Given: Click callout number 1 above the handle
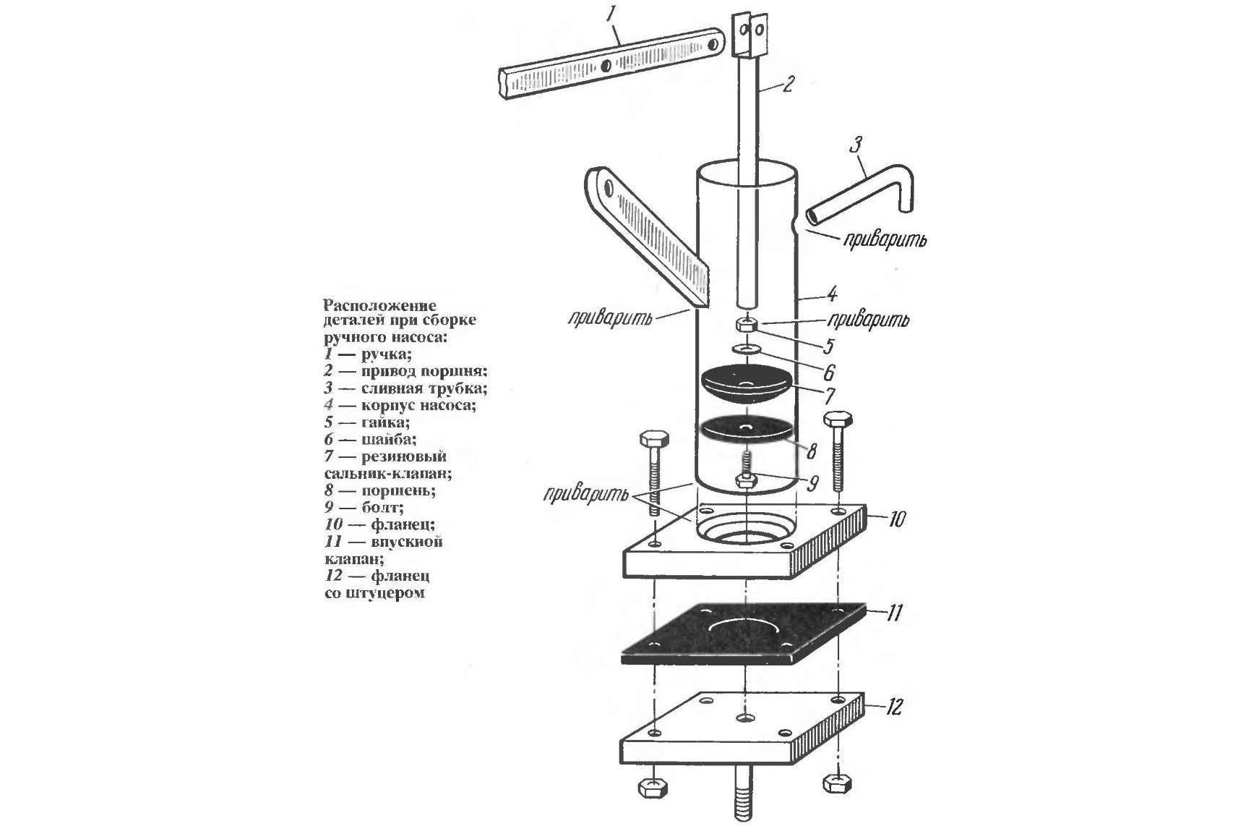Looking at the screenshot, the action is click(x=611, y=16).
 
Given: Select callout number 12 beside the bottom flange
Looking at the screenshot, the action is click(x=893, y=707).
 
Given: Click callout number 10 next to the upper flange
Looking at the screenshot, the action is click(x=895, y=519).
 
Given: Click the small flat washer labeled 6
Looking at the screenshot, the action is click(x=746, y=349).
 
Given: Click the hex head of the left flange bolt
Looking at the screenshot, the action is click(x=654, y=440).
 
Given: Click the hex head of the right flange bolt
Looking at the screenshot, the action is click(x=838, y=420).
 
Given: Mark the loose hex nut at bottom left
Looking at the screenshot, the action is click(x=653, y=788).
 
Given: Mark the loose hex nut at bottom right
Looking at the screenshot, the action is click(x=837, y=783).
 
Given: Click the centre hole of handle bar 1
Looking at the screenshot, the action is click(x=606, y=66).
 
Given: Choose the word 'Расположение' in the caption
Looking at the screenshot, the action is click(x=380, y=306).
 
